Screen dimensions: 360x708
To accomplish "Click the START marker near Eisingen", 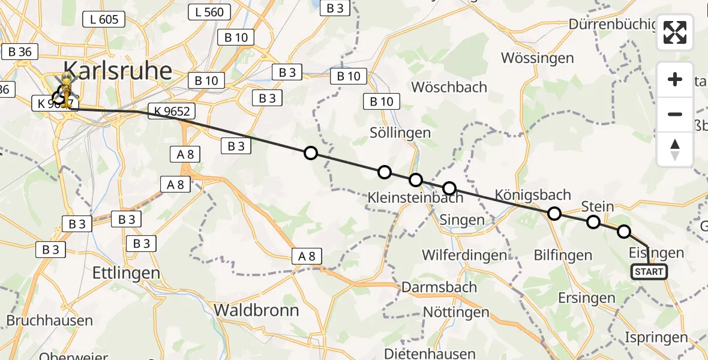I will [x=649, y=272].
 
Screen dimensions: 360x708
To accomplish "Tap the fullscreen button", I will [x=675, y=32].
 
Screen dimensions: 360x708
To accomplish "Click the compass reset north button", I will [x=675, y=149].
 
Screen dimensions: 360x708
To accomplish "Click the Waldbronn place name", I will [x=256, y=310].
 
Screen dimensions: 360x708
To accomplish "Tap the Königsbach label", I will [x=533, y=194].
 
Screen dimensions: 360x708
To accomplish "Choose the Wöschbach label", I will [x=449, y=87].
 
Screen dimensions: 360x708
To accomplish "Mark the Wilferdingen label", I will [x=464, y=255].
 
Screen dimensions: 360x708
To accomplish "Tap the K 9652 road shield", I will [x=172, y=111].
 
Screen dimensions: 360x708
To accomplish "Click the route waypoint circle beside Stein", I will [x=593, y=222].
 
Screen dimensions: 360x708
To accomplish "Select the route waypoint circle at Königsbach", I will [x=554, y=214].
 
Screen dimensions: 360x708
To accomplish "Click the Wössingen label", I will [x=537, y=58].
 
